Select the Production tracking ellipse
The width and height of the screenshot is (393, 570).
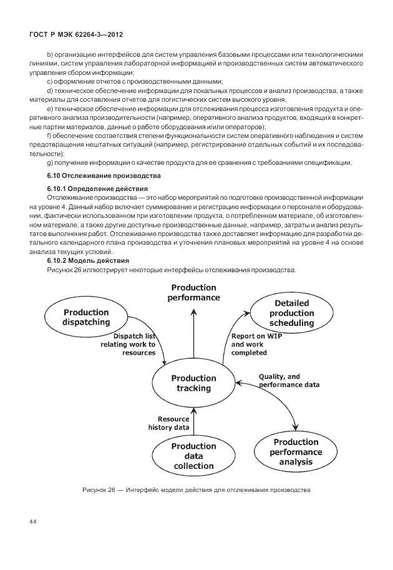click(x=193, y=383)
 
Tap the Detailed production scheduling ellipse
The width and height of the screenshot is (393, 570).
click(x=291, y=313)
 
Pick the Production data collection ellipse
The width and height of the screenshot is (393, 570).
click(x=193, y=456)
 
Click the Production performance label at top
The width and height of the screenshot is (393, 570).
click(x=193, y=292)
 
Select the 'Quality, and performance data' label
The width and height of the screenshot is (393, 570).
click(x=289, y=381)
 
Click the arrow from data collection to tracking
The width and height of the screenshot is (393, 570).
click(x=193, y=421)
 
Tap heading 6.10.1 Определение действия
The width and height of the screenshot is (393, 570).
click(x=97, y=188)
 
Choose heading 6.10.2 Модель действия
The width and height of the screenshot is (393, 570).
click(x=89, y=260)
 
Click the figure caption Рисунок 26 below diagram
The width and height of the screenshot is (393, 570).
click(x=196, y=489)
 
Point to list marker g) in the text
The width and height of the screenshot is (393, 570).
click(x=50, y=163)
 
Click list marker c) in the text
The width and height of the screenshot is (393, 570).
click(x=50, y=82)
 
